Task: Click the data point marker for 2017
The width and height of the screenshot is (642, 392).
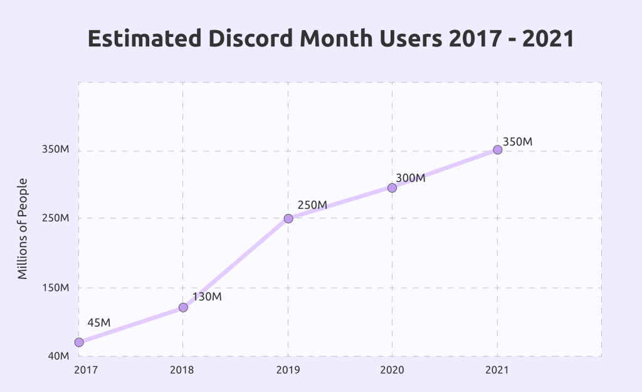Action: click(79, 342)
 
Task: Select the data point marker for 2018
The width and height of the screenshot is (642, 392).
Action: click(183, 307)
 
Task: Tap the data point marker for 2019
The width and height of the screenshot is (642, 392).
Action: click(288, 218)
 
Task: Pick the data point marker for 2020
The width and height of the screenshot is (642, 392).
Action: click(392, 188)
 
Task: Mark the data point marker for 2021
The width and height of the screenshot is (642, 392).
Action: click(497, 150)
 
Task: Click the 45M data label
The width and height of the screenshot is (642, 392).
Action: click(98, 322)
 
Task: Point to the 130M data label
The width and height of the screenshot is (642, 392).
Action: click(207, 297)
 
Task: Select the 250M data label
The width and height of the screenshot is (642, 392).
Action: click(312, 205)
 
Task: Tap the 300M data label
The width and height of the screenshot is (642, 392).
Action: click(411, 178)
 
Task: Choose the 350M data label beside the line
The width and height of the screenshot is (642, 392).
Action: click(517, 142)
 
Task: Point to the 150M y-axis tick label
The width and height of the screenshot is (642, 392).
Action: click(55, 288)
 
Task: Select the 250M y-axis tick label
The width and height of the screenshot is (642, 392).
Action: click(55, 218)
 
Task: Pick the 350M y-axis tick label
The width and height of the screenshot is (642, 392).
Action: click(55, 150)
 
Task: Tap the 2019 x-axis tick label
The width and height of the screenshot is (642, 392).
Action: click(288, 369)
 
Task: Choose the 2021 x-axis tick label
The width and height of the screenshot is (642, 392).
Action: click(497, 369)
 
